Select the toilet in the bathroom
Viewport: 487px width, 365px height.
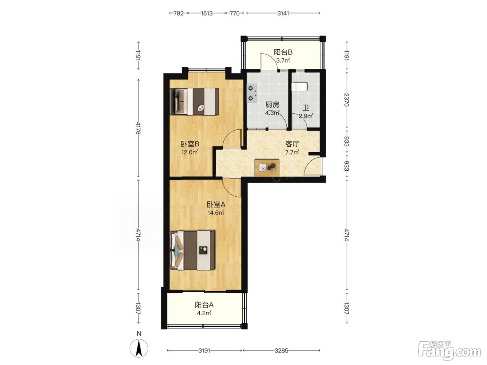point(300,87)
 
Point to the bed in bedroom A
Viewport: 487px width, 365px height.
point(192,250)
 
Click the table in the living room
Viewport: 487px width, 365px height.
point(267,168)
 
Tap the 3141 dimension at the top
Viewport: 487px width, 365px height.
point(283,14)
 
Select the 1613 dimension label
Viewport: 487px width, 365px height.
point(207,14)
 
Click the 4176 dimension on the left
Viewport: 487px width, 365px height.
point(138,128)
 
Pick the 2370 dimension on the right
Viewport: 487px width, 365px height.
point(346,100)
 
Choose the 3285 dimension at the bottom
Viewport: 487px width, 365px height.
point(281,351)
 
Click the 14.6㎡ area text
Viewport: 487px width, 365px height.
point(216,213)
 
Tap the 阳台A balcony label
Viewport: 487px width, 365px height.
point(204,305)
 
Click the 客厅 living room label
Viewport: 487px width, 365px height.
point(292,144)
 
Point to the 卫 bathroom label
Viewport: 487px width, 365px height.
point(306,108)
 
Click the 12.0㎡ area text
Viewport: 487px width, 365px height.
point(190,152)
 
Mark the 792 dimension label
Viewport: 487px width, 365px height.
point(178,14)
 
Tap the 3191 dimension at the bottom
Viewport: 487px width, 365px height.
point(204,351)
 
